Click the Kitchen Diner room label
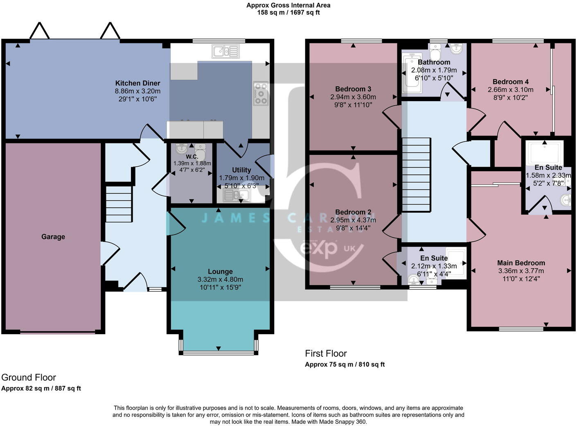(x=137, y=83)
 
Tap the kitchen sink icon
(x=225, y=51)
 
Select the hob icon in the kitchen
(x=261, y=94)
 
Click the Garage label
(x=53, y=237)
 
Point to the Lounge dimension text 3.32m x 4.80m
(x=220, y=279)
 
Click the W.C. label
(x=192, y=156)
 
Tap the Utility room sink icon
(x=237, y=196)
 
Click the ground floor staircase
(x=119, y=204)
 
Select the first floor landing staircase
(x=416, y=174)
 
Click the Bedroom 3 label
(x=353, y=89)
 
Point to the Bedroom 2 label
(x=353, y=212)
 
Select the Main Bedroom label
(x=521, y=263)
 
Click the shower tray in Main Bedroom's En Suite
(x=545, y=152)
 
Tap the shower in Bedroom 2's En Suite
(x=456, y=263)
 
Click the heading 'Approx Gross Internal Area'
(x=288, y=5)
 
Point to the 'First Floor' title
(x=326, y=353)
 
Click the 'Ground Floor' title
(x=29, y=377)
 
